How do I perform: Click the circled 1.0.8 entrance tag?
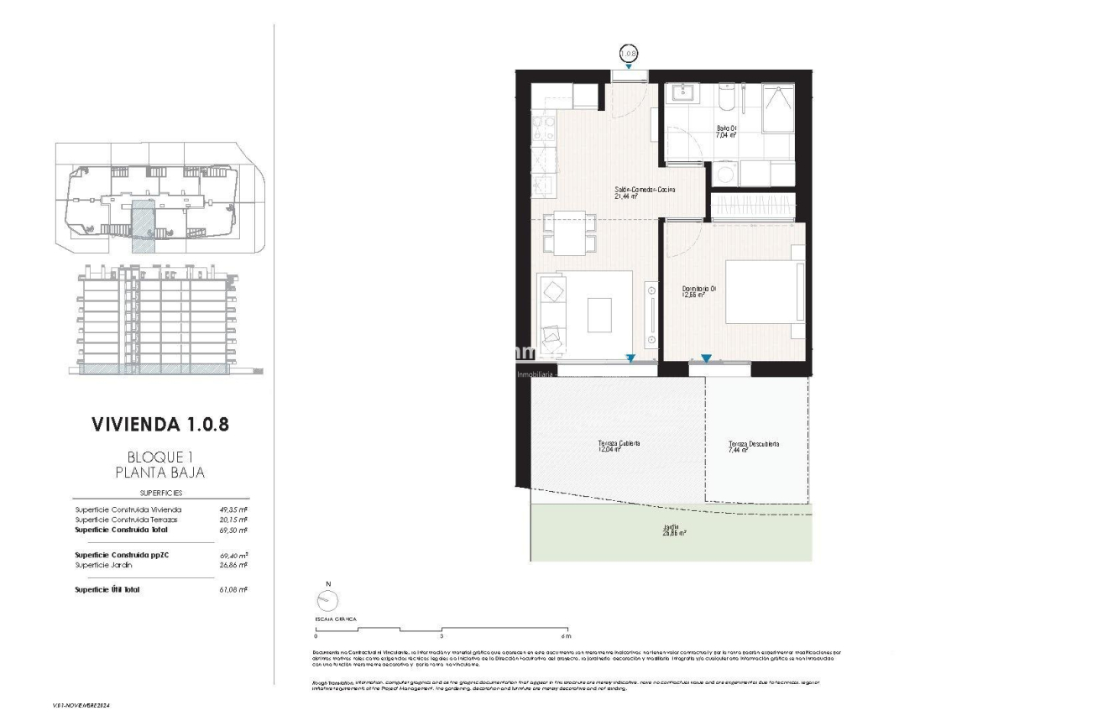[629, 53]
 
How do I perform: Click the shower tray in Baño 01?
[777, 107]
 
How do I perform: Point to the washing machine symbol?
[724, 175]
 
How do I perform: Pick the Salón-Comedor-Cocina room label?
[645, 191]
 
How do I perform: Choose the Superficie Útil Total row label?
[107, 590]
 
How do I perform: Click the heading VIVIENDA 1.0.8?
[159, 425]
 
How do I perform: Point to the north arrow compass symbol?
[327, 599]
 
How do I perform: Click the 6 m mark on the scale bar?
[567, 635]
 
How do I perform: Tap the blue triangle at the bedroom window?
[706, 358]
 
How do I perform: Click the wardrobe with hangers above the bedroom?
[752, 206]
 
